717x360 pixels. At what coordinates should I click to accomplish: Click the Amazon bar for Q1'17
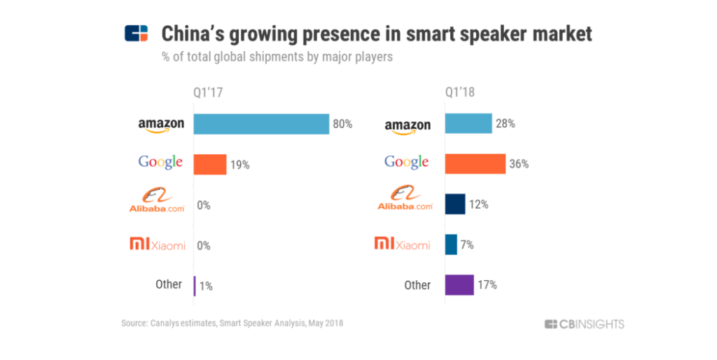(x=261, y=124)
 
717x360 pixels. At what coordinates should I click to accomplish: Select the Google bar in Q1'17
(x=210, y=165)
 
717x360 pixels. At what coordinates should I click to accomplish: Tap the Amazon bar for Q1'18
(x=468, y=124)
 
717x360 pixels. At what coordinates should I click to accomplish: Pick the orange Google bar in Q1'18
(x=475, y=164)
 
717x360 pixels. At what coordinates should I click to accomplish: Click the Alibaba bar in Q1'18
(x=455, y=205)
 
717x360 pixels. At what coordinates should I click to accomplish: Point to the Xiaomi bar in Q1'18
(x=451, y=244)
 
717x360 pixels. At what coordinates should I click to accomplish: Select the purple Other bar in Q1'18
(x=459, y=284)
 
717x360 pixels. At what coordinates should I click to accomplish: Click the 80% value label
(x=342, y=124)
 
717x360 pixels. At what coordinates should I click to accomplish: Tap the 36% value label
(x=519, y=165)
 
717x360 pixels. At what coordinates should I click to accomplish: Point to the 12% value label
(x=479, y=205)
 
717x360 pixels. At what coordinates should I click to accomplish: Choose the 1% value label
(x=206, y=286)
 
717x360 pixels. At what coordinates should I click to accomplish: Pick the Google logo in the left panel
(x=160, y=162)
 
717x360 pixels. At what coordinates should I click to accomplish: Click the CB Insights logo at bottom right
(x=584, y=324)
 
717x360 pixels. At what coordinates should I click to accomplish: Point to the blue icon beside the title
(x=137, y=34)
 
